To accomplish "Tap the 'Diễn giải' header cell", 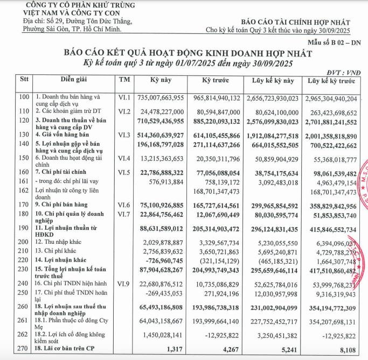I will point(74,80).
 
